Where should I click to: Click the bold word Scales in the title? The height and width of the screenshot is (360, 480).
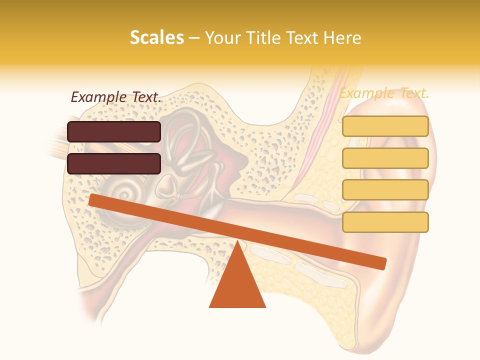click(x=156, y=37)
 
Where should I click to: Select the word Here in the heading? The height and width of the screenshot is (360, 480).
click(x=343, y=37)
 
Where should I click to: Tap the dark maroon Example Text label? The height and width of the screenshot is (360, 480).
click(x=116, y=97)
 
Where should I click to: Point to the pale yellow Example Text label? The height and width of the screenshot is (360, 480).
click(x=384, y=93)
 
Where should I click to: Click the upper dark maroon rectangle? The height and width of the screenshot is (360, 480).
click(x=114, y=131)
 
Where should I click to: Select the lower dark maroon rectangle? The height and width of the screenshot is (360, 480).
click(x=114, y=163)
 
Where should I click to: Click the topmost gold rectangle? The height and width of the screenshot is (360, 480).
click(x=385, y=126)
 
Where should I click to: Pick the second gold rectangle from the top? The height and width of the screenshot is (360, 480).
click(x=385, y=158)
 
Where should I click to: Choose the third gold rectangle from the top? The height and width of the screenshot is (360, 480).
click(x=385, y=190)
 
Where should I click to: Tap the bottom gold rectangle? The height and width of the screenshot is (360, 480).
click(x=385, y=222)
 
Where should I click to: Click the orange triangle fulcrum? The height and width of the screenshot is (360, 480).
click(x=237, y=285)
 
